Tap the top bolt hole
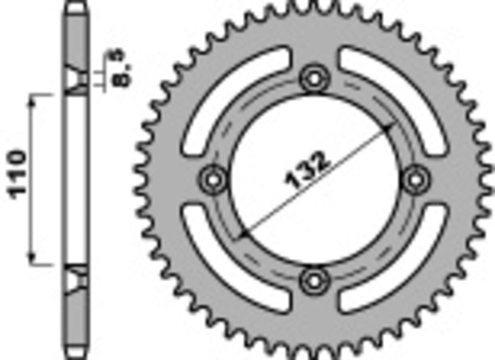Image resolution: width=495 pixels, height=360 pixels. pos(314,80)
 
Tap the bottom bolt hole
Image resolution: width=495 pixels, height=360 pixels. pos(314,280)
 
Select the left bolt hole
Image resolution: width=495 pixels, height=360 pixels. pos(214,179)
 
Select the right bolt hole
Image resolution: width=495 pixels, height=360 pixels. pos(415,179)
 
